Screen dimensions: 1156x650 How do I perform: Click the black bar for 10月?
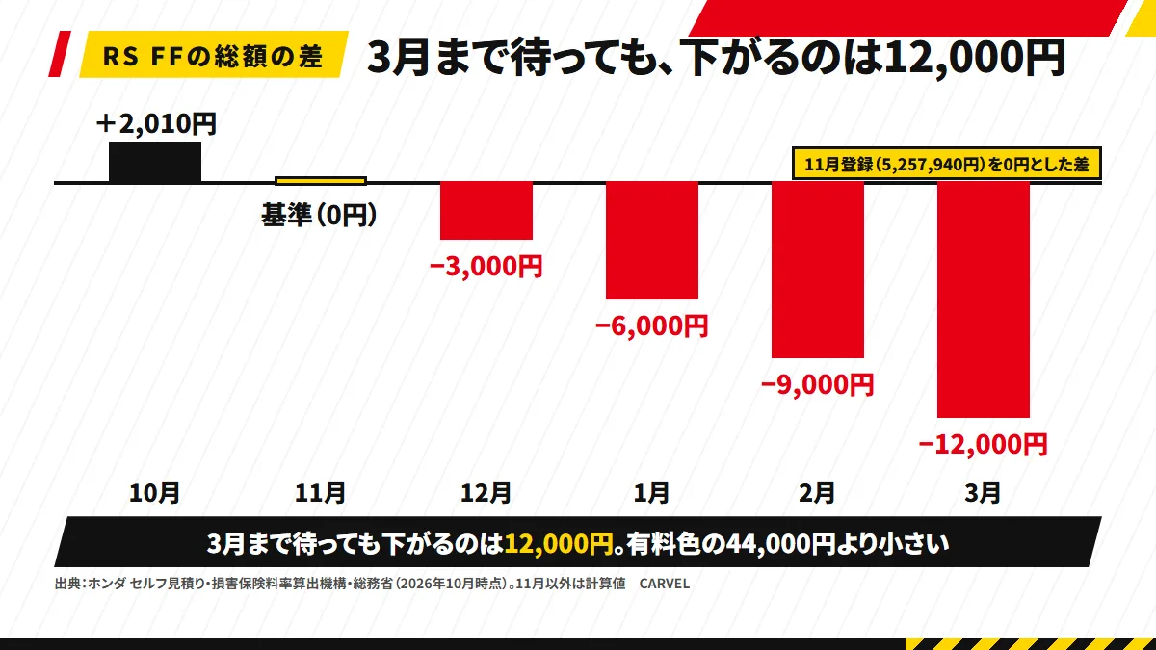tap(155, 162)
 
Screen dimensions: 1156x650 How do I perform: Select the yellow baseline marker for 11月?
tap(321, 181)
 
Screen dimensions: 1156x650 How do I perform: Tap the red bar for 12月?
tap(486, 211)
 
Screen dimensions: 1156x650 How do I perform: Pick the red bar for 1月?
tap(652, 241)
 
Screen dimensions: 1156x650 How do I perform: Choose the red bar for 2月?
tap(818, 270)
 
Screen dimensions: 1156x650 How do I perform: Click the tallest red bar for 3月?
tap(984, 299)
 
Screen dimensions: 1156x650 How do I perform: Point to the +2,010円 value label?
tap(156, 124)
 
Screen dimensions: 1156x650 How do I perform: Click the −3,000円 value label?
tap(486, 266)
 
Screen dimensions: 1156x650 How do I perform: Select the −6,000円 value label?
tap(652, 325)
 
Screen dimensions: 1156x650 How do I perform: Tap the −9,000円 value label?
tap(818, 385)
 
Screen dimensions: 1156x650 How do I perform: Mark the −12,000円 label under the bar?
tap(984, 444)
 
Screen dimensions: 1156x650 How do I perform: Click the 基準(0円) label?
tap(320, 215)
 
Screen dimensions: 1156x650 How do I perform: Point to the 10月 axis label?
tap(154, 493)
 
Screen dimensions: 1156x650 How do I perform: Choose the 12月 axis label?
tap(486, 493)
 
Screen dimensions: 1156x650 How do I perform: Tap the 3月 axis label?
tap(983, 493)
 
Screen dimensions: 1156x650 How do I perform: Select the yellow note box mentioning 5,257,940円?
tap(947, 164)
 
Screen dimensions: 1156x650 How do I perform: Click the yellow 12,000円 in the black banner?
tap(559, 544)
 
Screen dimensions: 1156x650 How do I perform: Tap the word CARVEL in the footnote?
tap(664, 584)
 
